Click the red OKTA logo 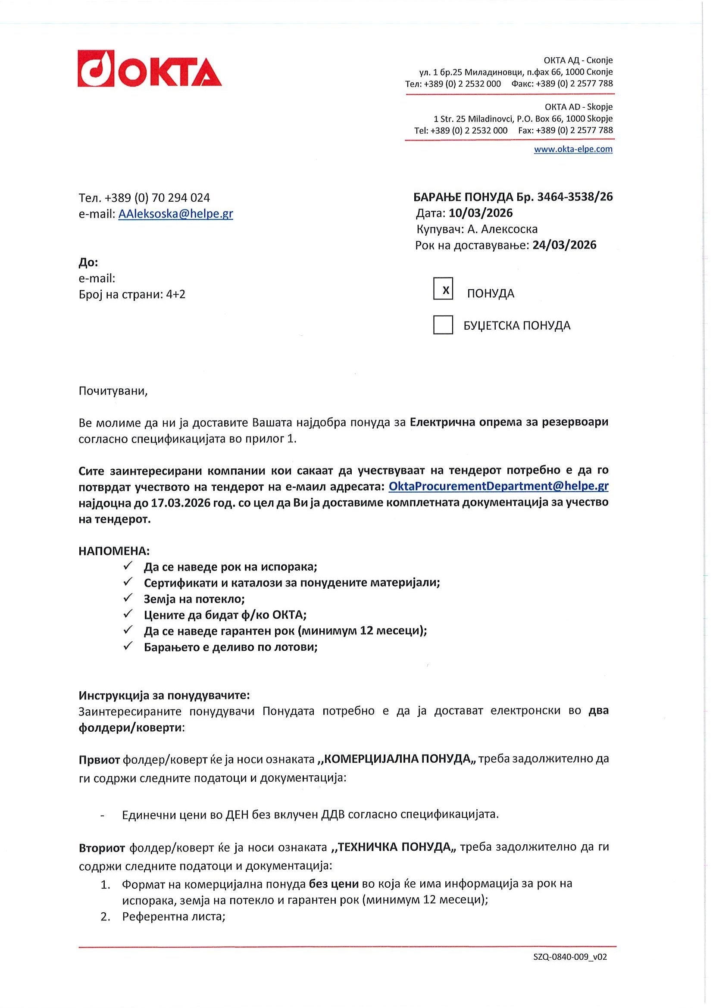pos(149,69)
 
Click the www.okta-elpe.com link pos(572,149)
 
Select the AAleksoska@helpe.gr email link pos(175,214)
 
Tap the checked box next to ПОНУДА pos(443,289)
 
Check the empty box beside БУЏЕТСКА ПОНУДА pos(443,325)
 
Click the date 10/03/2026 pos(480,213)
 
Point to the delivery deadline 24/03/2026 pos(564,245)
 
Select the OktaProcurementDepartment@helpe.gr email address pos(498,486)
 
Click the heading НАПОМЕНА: pos(114,550)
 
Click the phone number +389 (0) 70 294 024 pos(157,198)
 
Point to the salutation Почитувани pos(113,391)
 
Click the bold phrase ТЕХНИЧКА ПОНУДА pos(395,847)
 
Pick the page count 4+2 pos(175,294)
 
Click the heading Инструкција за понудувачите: pos(164,695)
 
